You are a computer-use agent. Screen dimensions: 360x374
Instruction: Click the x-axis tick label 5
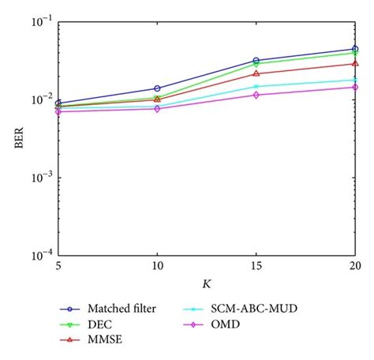[x=58, y=267]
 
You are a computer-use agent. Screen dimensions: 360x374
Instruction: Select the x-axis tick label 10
[x=157, y=267]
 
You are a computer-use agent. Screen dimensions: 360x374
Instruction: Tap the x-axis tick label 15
[x=256, y=267]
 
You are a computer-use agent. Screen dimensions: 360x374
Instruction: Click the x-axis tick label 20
[x=355, y=267]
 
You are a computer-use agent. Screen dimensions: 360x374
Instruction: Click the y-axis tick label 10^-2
[x=41, y=100]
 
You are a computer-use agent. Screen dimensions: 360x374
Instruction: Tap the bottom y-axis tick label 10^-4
[x=41, y=255]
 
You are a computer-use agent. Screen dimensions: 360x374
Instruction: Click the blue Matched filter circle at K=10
[x=157, y=88]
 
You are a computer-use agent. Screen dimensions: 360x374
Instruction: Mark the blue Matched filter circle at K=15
[x=256, y=60]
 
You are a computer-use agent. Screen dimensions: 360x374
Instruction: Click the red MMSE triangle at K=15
[x=256, y=73]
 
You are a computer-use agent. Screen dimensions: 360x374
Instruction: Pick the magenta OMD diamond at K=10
[x=157, y=108]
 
